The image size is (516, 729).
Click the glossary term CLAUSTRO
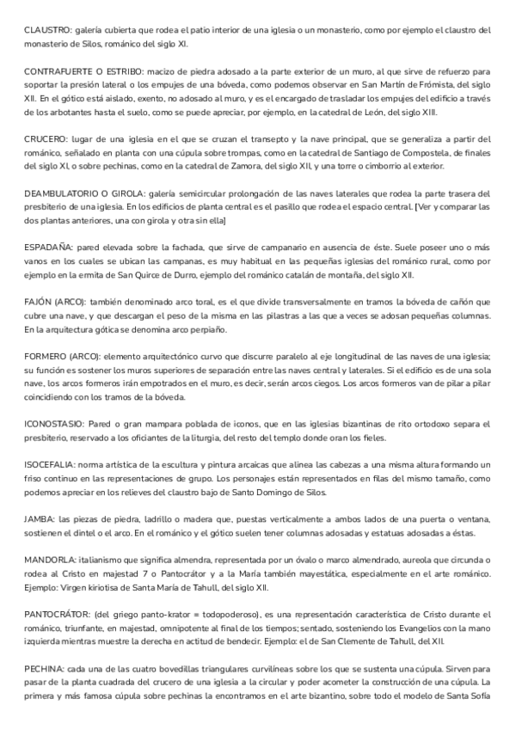[x=48, y=30]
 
